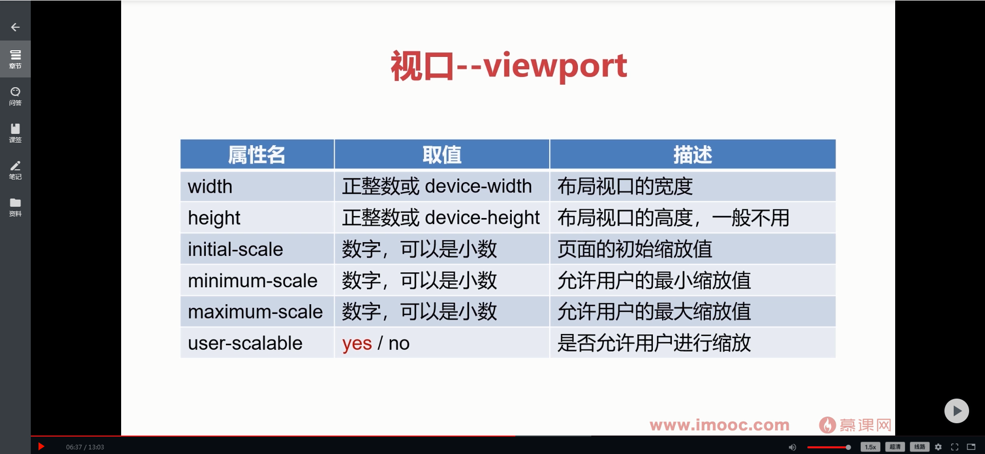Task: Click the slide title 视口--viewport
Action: (509, 66)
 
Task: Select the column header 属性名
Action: (257, 154)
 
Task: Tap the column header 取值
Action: (442, 154)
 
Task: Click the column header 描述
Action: (692, 154)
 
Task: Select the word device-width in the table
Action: (478, 186)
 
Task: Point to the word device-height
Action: (482, 218)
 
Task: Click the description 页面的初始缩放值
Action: (635, 249)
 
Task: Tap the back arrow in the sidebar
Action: (15, 27)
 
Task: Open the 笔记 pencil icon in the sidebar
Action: (15, 166)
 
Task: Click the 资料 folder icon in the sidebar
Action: (15, 203)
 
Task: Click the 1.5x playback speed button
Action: (870, 447)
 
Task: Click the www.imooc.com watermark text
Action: (720, 425)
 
